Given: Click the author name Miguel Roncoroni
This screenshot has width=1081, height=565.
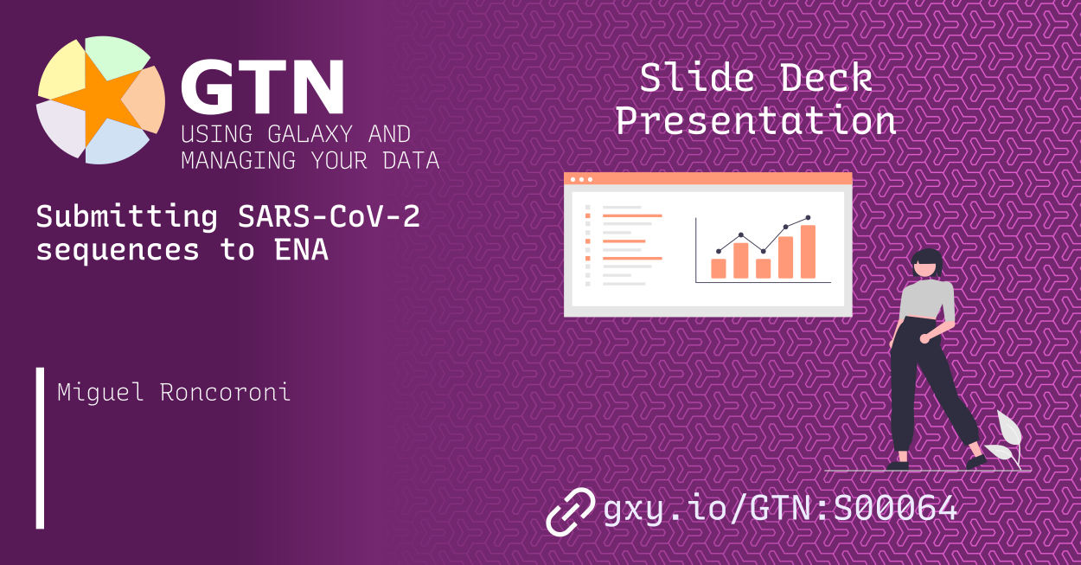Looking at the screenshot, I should (x=174, y=392).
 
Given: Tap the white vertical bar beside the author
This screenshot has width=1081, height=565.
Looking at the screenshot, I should (x=40, y=447).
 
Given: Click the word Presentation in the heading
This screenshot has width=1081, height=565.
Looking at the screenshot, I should (x=755, y=120).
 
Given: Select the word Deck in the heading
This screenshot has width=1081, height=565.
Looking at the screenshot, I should (x=825, y=79).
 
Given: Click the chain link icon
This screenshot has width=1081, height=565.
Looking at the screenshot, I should (x=571, y=510).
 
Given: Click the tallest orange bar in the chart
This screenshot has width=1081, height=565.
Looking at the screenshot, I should (x=808, y=252).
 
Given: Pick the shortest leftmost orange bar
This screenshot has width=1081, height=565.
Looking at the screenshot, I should (x=718, y=268).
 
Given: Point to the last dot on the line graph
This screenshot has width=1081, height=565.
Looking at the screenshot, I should (x=808, y=218).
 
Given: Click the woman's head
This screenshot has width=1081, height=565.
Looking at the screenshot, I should (x=927, y=263).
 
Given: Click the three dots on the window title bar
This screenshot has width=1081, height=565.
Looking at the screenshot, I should (x=580, y=179).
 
